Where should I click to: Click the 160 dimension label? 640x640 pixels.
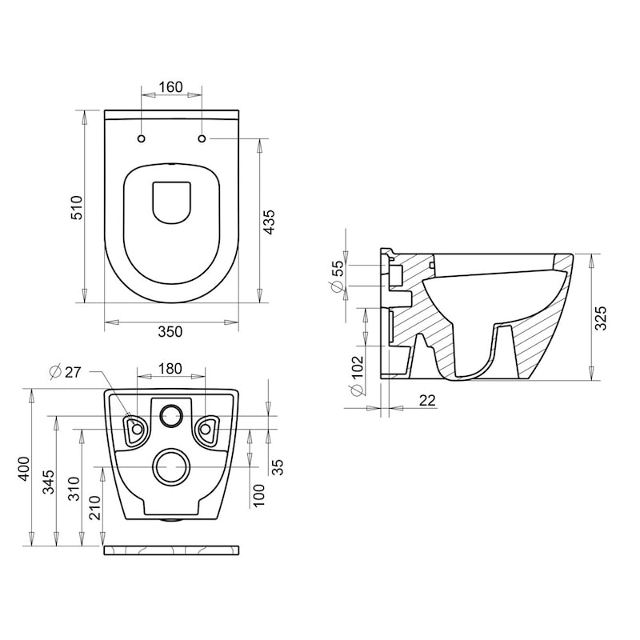click(x=170, y=87)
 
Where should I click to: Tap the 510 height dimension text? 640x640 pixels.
click(x=77, y=207)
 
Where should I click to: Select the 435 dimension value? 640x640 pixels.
click(x=269, y=222)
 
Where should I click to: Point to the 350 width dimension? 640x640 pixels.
click(x=170, y=331)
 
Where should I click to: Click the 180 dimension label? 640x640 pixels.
click(x=170, y=369)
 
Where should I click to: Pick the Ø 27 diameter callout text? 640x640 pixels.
click(x=66, y=372)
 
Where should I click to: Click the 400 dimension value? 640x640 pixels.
click(x=25, y=468)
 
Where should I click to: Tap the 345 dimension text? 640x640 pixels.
click(x=49, y=482)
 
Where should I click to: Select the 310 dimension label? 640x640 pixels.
click(x=74, y=489)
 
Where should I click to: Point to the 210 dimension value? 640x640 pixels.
click(x=94, y=507)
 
